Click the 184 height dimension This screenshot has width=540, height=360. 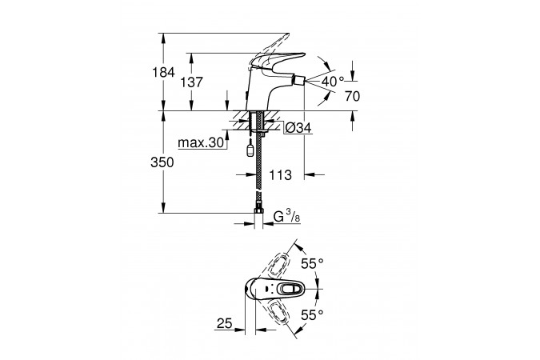(x=164, y=73)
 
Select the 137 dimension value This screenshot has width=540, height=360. (x=192, y=82)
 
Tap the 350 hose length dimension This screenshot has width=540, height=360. (x=162, y=162)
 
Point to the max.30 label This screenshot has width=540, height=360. (x=201, y=142)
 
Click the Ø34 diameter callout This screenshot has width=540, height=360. (x=298, y=128)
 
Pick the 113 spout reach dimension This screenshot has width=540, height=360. (x=280, y=175)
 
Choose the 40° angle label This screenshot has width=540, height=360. (x=333, y=82)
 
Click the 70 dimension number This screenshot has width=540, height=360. (x=352, y=97)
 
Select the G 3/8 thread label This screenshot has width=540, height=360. (x=286, y=217)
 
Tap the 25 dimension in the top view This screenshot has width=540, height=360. (x=225, y=323)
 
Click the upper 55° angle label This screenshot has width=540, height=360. (x=312, y=264)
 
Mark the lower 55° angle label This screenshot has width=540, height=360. (x=312, y=315)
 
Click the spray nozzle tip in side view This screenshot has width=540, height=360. (x=299, y=82)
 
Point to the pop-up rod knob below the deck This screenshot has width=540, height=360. (x=250, y=151)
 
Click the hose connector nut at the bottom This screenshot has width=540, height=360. (x=258, y=211)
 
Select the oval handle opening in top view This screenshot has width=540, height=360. (x=289, y=289)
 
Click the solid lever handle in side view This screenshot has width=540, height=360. (x=278, y=61)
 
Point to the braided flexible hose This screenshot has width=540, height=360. (x=258, y=162)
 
